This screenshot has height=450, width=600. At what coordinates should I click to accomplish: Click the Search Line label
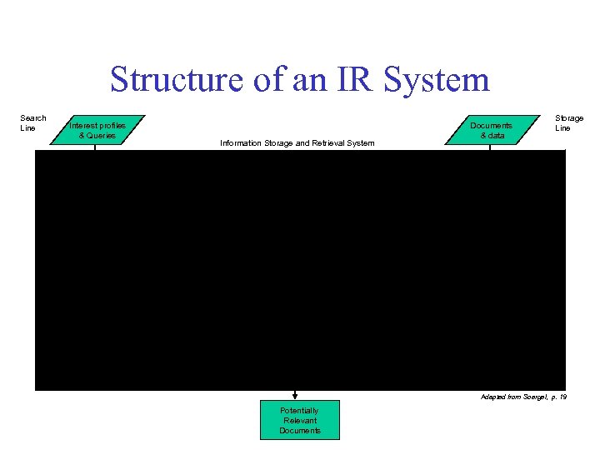(33, 122)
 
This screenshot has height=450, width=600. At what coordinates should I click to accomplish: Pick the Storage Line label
(569, 122)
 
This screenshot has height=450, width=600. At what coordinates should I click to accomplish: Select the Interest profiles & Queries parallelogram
(97, 130)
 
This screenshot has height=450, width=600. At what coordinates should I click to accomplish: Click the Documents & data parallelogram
(491, 130)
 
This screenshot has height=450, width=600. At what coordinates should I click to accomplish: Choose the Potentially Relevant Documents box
(299, 420)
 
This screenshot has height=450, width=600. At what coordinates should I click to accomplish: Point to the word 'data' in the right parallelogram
(497, 135)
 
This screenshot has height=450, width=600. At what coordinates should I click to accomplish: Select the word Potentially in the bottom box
(299, 411)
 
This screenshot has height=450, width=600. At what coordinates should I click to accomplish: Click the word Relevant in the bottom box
(299, 420)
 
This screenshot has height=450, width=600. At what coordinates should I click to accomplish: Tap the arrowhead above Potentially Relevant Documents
(295, 395)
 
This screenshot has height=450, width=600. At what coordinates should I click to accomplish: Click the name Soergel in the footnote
(532, 397)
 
